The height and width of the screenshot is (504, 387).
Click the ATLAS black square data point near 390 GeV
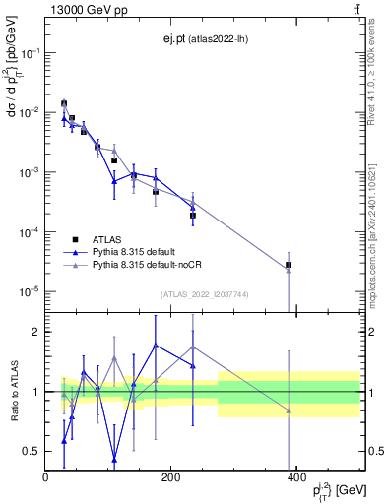pyautogui.click(x=289, y=265)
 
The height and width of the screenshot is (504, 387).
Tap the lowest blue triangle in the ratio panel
pyautogui.click(x=114, y=459)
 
